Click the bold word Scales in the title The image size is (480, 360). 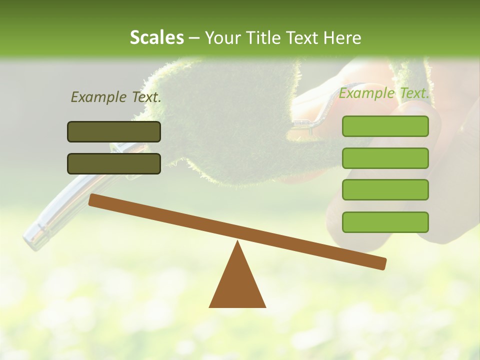pos(156,38)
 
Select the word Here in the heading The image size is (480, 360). pos(342,38)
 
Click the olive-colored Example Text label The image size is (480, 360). pos(116,97)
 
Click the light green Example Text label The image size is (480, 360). pos(384,93)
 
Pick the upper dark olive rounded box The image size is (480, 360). pos(114,131)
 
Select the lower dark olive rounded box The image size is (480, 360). pos(114,163)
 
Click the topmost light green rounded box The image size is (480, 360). pos(385,126)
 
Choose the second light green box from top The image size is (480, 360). pos(385,158)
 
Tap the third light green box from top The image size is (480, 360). pos(385,190)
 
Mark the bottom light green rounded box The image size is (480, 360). pos(385,222)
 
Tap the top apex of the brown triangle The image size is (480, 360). pos(237,243)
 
